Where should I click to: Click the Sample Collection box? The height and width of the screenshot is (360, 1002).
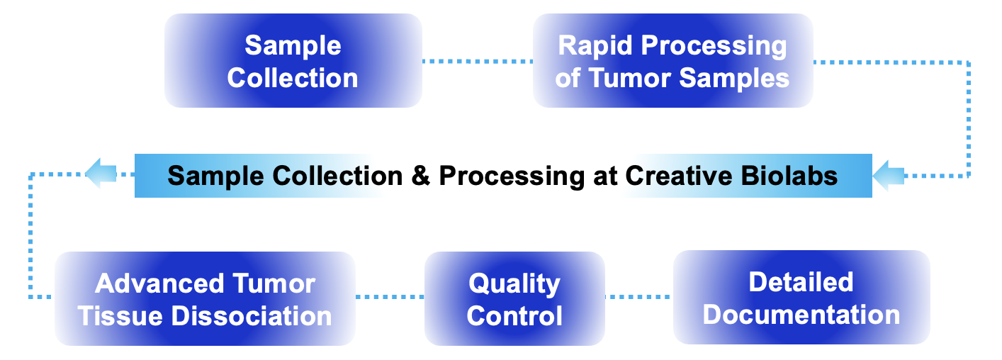pyautogui.click(x=293, y=61)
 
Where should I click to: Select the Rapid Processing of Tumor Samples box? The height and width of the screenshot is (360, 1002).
pyautogui.click(x=672, y=61)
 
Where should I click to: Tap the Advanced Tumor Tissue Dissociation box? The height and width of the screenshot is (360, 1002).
pyautogui.click(x=204, y=299)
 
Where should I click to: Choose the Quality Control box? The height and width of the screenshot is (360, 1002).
pyautogui.click(x=514, y=299)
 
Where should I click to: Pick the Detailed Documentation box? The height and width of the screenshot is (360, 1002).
pyautogui.click(x=801, y=298)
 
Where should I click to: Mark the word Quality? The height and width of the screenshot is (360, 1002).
pyautogui.click(x=514, y=283)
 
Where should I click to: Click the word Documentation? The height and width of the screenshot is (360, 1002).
pyautogui.click(x=801, y=314)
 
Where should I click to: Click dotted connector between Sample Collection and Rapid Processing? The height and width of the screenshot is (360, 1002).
pyautogui.click(x=477, y=61)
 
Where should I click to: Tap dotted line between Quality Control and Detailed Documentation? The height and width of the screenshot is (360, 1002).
pyautogui.click(x=638, y=296)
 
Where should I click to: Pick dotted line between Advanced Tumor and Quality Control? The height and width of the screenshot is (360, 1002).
pyautogui.click(x=389, y=296)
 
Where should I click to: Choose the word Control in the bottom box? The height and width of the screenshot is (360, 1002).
pyautogui.click(x=514, y=315)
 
